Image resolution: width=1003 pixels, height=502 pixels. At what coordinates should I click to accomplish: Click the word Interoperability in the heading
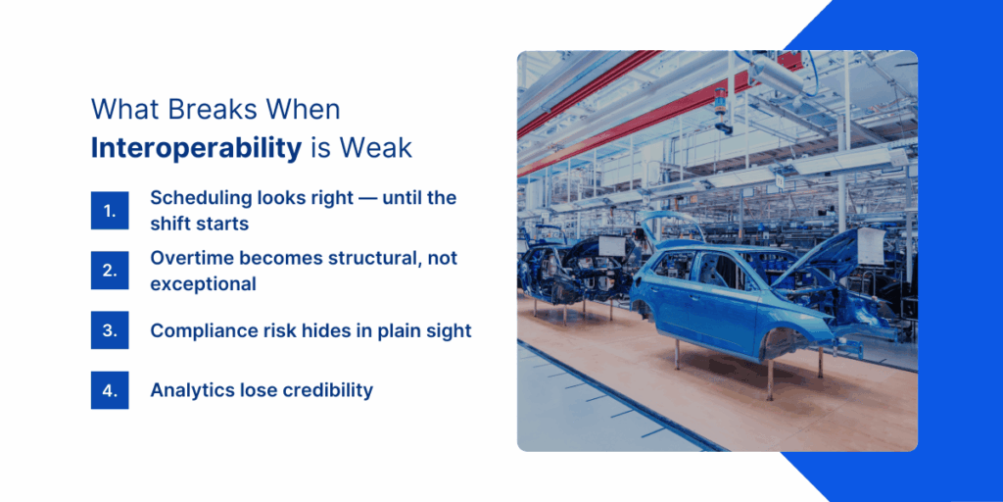[x=196, y=147]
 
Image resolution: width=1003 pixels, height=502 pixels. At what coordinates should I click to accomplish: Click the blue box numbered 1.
[x=110, y=210]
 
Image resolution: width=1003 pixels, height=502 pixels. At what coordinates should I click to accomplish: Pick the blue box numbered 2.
[x=110, y=271]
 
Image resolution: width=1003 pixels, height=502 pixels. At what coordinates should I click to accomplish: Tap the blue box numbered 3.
[x=110, y=330]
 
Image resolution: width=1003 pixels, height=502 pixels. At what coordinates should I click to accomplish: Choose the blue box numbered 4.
[x=110, y=389]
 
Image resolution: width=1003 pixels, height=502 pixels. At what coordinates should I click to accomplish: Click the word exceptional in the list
[x=203, y=284]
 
